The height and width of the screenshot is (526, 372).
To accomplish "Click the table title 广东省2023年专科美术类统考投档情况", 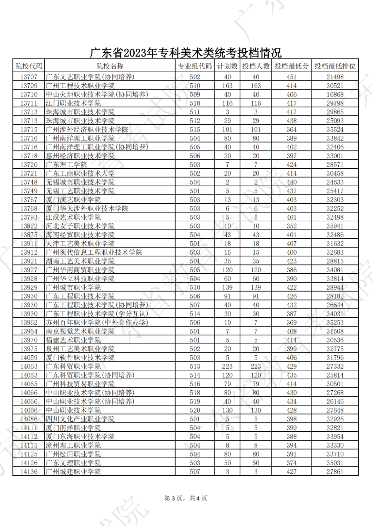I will (x=186, y=53).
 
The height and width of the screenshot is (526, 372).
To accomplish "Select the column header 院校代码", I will (x=29, y=66).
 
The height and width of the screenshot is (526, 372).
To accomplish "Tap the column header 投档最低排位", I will (x=335, y=66).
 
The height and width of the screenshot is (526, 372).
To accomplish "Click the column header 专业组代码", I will (x=195, y=66).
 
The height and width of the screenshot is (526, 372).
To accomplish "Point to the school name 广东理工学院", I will (x=66, y=165).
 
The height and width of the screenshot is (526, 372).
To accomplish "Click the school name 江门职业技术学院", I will (x=73, y=103).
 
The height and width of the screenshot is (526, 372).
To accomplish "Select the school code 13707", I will (x=29, y=77).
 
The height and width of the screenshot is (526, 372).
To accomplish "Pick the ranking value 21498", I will (x=335, y=77).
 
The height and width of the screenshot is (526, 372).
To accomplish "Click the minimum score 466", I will (x=291, y=94).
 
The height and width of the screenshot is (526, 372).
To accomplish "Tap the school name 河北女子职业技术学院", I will (x=80, y=226).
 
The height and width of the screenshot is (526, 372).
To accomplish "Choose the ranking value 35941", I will (x=335, y=226).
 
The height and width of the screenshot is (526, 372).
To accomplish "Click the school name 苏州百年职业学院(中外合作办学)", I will (x=97, y=323).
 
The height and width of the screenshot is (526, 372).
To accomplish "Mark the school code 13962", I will (x=29, y=323).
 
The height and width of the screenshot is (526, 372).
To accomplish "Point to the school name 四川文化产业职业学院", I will (x=80, y=419).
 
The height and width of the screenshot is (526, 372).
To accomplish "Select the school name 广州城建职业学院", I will (x=73, y=472).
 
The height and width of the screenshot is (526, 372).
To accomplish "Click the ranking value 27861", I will (x=335, y=472).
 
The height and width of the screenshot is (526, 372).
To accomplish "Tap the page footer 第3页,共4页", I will (x=186, y=498).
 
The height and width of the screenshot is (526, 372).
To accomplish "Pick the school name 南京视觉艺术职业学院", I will (x=80, y=331).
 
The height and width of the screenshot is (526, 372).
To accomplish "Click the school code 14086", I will (x=29, y=419).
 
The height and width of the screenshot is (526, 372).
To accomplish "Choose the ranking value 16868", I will (x=335, y=94).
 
